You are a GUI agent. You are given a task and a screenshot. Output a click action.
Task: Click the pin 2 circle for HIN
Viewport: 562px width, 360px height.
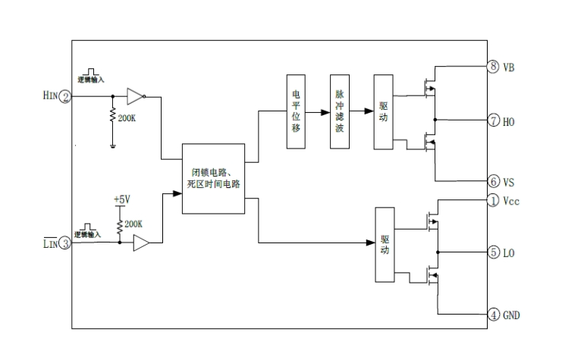[66, 96]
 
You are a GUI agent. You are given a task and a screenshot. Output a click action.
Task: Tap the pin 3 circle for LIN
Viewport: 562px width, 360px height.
[66, 243]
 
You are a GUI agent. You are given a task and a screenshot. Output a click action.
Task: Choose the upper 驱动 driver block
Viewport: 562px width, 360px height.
[383, 112]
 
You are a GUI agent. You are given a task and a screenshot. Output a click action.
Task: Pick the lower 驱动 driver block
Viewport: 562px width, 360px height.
[386, 245]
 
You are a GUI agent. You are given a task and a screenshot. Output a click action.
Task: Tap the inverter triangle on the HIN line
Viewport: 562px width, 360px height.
[134, 96]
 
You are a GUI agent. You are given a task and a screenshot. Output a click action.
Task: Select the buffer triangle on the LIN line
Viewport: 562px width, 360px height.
[141, 243]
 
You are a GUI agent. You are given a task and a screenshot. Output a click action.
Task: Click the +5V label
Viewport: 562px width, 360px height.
[122, 199]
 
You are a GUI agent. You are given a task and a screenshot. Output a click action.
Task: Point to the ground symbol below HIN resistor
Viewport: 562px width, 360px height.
[113, 146]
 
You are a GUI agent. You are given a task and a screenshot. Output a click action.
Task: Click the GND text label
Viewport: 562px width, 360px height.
[512, 314]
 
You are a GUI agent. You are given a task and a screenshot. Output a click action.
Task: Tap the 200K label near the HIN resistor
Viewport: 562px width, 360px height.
[128, 117]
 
